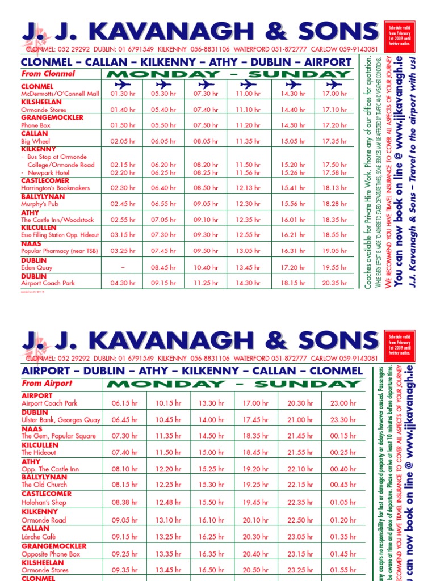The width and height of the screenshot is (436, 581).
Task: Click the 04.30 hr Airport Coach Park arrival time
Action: coord(123,283)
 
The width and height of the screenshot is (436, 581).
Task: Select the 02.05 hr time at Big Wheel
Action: coord(123,141)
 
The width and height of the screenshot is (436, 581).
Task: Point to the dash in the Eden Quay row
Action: coord(123,267)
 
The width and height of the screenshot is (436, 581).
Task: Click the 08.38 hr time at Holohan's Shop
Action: coord(125,503)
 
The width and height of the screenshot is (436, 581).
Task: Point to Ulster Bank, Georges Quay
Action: coord(61,420)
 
